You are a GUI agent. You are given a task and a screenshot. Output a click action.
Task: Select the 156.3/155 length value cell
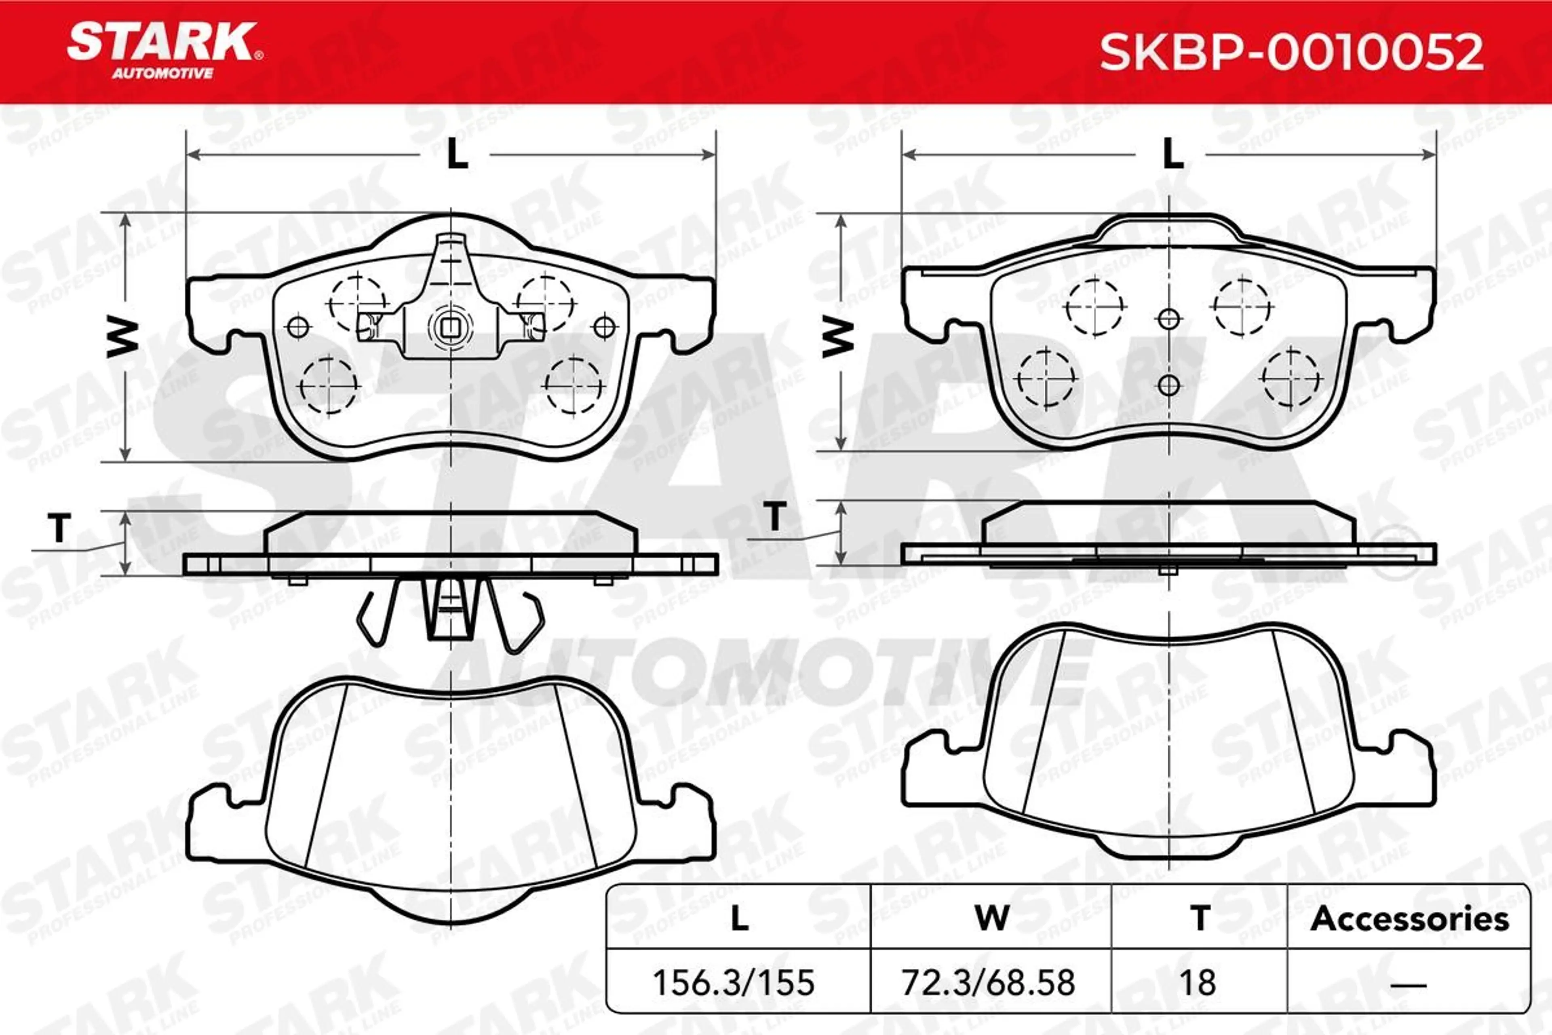pyautogui.click(x=734, y=982)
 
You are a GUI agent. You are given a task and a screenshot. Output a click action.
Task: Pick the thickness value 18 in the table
pyautogui.click(x=1197, y=982)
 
